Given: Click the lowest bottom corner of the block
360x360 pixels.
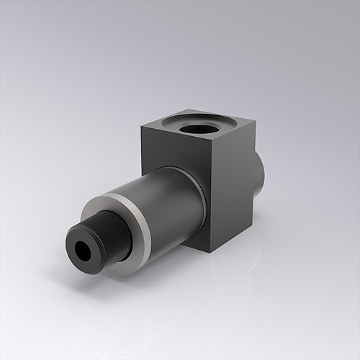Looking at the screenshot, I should [x=213, y=252].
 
